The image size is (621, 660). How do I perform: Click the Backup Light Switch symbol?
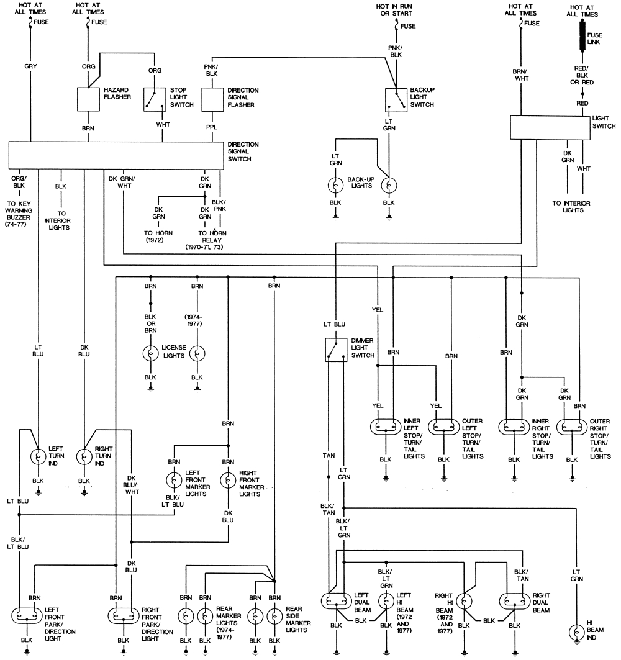click(x=394, y=99)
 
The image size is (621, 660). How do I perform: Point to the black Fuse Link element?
click(x=583, y=35)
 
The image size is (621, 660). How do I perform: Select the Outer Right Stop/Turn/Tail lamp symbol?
click(x=571, y=428)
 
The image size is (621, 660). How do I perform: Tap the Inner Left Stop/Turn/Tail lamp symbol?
click(x=386, y=428)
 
